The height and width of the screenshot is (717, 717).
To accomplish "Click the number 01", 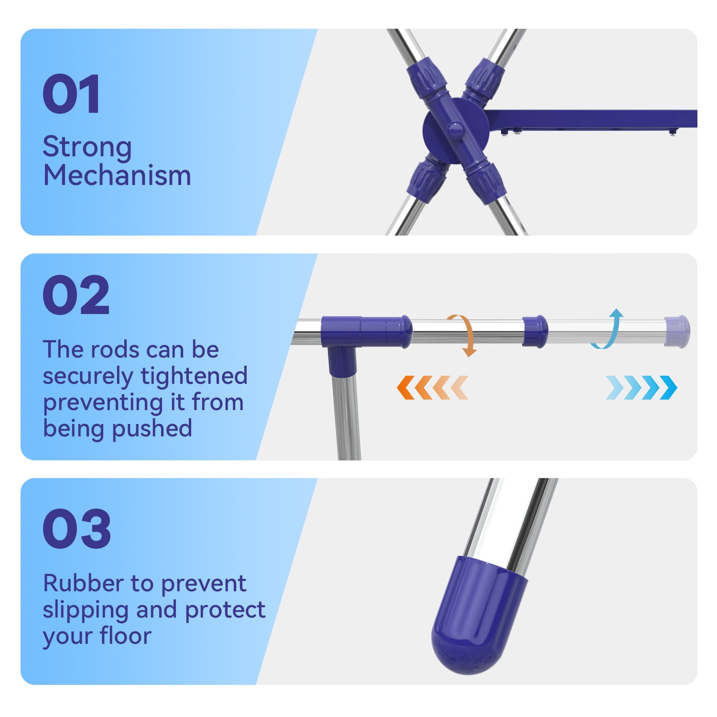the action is click(x=71, y=94).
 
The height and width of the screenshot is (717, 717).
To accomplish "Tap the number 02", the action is click(x=76, y=295).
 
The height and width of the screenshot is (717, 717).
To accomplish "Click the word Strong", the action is click(x=87, y=147).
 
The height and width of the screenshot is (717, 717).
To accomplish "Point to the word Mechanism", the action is click(x=117, y=175).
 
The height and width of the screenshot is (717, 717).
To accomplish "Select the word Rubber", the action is click(x=84, y=584).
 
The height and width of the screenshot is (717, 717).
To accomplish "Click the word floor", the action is click(x=125, y=636).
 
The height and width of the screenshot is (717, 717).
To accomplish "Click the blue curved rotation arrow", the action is click(x=608, y=329).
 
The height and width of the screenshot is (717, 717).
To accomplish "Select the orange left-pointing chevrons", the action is click(x=432, y=387).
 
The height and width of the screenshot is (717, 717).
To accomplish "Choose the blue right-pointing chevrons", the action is click(x=641, y=387).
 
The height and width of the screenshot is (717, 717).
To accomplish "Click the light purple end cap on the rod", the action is click(x=677, y=331).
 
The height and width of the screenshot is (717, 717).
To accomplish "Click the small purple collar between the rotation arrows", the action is click(x=535, y=331).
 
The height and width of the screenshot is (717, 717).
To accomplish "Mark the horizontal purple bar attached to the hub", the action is click(x=591, y=119).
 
